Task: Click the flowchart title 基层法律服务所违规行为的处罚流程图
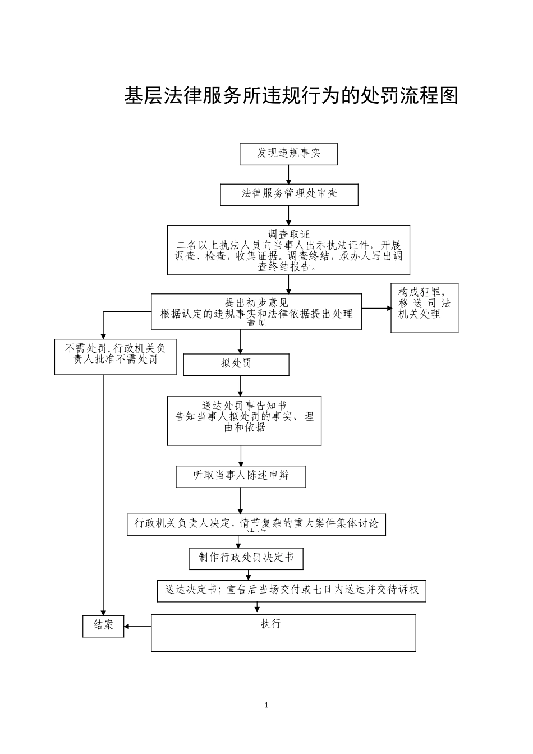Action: (291, 96)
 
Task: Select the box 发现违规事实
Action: (288, 154)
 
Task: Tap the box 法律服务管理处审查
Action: (289, 194)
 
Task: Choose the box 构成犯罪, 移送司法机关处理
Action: (424, 307)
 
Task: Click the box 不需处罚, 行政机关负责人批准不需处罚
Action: (115, 356)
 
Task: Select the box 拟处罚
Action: (236, 364)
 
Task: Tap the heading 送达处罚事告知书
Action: (244, 405)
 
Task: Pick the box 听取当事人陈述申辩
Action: (241, 476)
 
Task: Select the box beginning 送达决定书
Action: (291, 590)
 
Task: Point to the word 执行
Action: (271, 624)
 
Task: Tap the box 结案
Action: (103, 626)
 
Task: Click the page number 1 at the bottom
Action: (266, 705)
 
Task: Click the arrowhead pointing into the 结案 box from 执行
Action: (127, 626)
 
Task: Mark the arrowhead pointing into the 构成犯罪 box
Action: (388, 308)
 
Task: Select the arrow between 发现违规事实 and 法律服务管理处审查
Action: (288, 175)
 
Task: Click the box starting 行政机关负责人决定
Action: (256, 524)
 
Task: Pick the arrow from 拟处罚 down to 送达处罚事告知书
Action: (241, 386)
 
